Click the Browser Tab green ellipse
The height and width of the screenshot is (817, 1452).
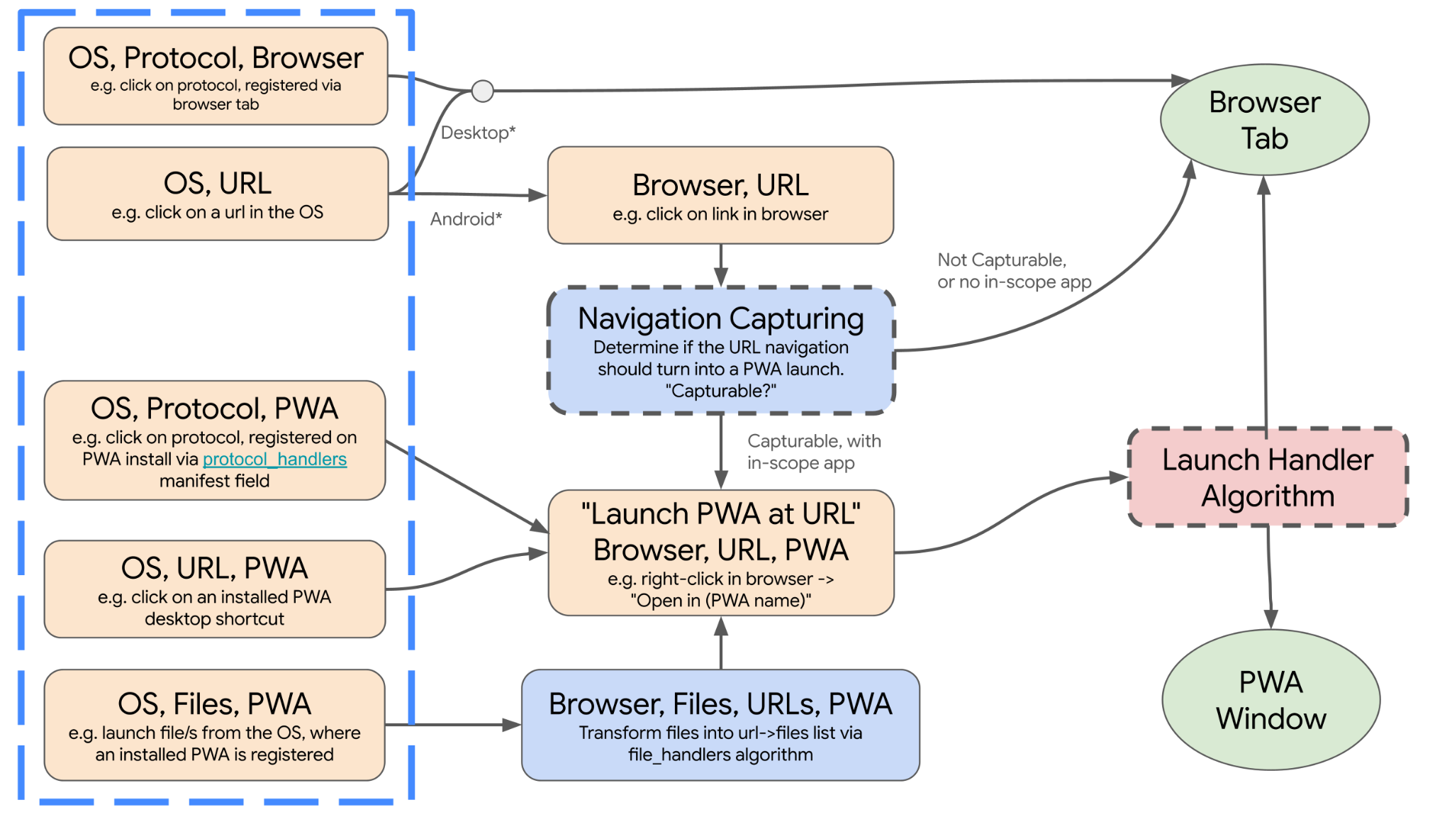[x=1264, y=120]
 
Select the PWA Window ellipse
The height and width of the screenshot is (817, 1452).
[x=1270, y=700]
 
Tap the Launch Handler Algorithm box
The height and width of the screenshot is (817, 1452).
[x=1268, y=477]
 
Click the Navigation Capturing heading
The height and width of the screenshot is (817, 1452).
[x=720, y=318]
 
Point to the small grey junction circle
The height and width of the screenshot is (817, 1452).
[x=483, y=91]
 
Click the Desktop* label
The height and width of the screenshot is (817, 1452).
[x=478, y=133]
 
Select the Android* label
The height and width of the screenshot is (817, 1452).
[x=466, y=218]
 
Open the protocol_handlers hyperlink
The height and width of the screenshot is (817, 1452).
[x=274, y=459]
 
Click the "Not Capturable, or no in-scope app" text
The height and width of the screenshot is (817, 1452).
[x=1014, y=271]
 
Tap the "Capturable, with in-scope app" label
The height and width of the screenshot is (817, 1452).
[x=814, y=452]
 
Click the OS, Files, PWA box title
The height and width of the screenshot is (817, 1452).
[x=214, y=704]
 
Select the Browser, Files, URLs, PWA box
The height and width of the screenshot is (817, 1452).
[x=720, y=725]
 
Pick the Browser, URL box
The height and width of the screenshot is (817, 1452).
[x=720, y=195]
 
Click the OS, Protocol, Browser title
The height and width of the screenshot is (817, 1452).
[x=216, y=58]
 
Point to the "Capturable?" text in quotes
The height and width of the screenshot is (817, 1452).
[x=720, y=391]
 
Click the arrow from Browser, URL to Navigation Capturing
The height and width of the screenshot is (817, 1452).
[x=721, y=266]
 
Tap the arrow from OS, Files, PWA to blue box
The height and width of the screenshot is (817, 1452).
[x=454, y=725]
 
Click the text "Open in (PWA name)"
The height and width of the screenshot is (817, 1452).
[x=720, y=601]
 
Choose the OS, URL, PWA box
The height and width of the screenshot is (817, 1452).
[x=214, y=589]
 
